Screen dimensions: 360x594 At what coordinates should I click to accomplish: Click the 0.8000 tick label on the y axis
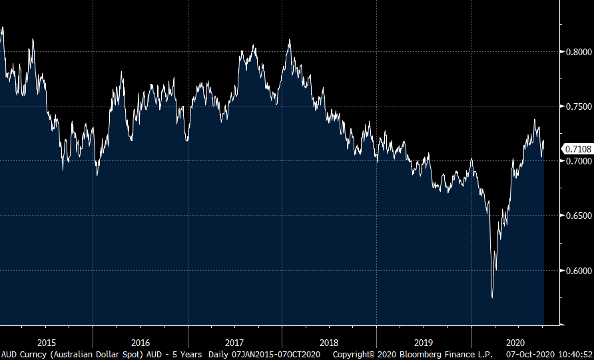[x=576, y=52]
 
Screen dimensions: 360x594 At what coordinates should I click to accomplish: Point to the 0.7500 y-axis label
[x=576, y=106]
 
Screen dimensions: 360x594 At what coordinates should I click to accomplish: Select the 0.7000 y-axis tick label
[x=576, y=161]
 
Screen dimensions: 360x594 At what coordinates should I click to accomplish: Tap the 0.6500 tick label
[x=576, y=216]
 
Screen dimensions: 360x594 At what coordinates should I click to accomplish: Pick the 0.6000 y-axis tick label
[x=576, y=270]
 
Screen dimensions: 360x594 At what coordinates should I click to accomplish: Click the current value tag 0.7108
[x=576, y=149]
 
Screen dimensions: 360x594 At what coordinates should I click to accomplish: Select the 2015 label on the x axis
[x=47, y=342]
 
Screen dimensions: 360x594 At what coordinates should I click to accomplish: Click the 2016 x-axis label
[x=141, y=342]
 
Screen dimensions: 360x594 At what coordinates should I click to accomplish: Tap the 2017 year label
[x=235, y=342]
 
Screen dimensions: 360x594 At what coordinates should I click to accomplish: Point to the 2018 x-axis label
[x=329, y=342]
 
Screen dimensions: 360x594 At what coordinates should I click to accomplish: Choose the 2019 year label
[x=424, y=342]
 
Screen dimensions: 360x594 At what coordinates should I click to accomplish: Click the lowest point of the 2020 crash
[x=492, y=297]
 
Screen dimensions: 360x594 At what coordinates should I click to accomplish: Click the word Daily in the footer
[x=220, y=354]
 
